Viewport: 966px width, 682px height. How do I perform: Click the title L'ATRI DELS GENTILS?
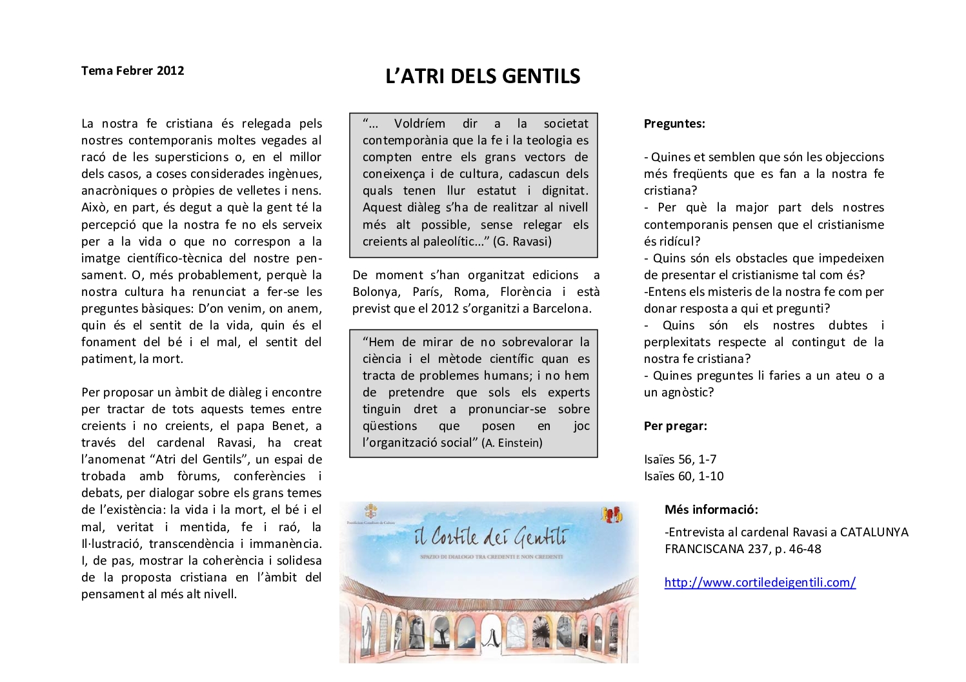tap(483, 77)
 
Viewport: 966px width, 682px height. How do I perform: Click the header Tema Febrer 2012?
tap(132, 71)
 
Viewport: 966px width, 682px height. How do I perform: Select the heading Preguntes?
tap(674, 124)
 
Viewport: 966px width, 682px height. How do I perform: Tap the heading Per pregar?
tap(675, 426)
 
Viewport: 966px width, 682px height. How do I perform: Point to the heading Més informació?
tap(711, 510)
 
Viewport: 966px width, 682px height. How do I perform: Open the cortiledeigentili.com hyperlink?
tap(760, 583)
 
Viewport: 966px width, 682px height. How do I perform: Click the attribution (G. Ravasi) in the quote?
tap(522, 242)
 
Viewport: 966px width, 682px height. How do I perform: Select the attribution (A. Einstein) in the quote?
tap(512, 443)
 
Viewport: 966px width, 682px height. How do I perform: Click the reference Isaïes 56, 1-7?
tap(679, 460)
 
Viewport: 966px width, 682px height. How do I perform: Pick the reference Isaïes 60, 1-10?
tap(683, 476)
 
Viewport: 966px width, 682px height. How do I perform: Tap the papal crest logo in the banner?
tap(370, 512)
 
